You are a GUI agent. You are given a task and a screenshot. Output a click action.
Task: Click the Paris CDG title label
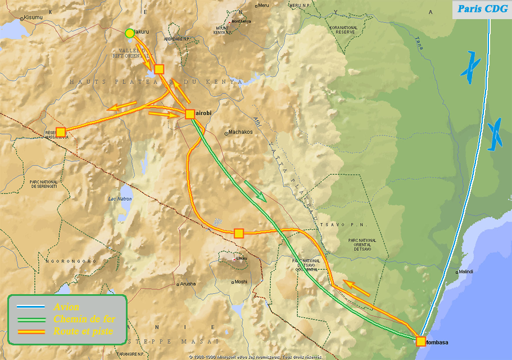[x=482, y=8]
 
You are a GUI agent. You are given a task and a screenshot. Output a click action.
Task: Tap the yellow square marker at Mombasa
[x=421, y=341]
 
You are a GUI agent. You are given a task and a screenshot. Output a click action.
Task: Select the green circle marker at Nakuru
[x=130, y=33]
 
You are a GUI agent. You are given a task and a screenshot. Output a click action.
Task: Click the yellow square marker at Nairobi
[x=190, y=114]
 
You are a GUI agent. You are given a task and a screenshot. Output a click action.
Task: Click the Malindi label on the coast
[x=465, y=272]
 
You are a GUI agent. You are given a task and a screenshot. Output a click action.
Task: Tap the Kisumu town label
[x=33, y=17]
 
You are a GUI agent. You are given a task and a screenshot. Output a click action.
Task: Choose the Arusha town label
[x=188, y=284]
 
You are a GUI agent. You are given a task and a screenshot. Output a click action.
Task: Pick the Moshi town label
[x=241, y=282]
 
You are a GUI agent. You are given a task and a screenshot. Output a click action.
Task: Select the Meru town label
[x=263, y=6]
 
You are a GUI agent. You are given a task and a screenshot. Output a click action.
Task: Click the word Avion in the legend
[x=66, y=307]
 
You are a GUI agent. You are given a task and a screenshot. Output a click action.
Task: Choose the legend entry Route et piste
[x=83, y=331]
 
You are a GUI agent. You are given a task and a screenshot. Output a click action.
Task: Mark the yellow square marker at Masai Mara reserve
[x=61, y=132]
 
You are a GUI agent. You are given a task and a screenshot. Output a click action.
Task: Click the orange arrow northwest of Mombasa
[x=356, y=288]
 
